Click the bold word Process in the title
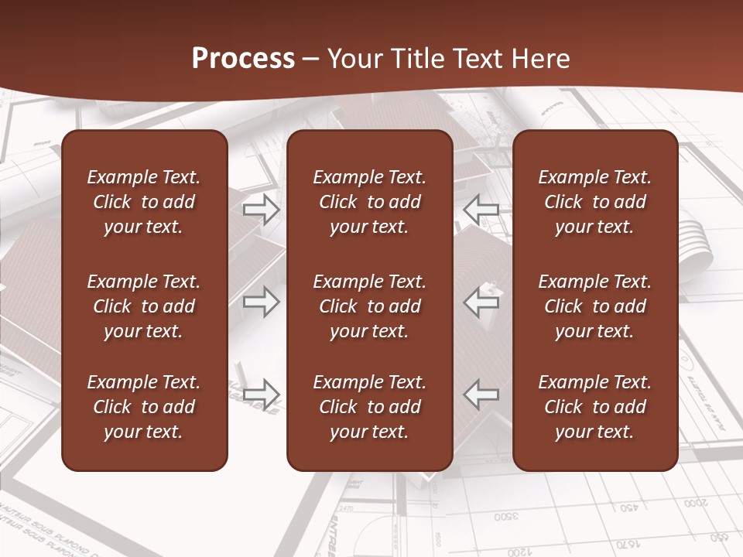click(x=243, y=59)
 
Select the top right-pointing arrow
click(x=261, y=208)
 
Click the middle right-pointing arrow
click(x=261, y=302)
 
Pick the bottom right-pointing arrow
click(x=261, y=394)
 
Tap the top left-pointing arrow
click(x=481, y=208)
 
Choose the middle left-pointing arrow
click(x=481, y=302)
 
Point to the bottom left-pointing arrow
click(x=481, y=394)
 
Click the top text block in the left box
click(x=144, y=202)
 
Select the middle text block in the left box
click(x=144, y=306)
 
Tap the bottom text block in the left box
click(x=144, y=407)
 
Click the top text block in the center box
click(x=369, y=202)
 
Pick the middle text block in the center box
click(x=369, y=306)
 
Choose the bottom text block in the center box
click(x=369, y=407)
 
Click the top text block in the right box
click(x=594, y=202)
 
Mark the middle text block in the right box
click(x=594, y=306)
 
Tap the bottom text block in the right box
click(x=594, y=407)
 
